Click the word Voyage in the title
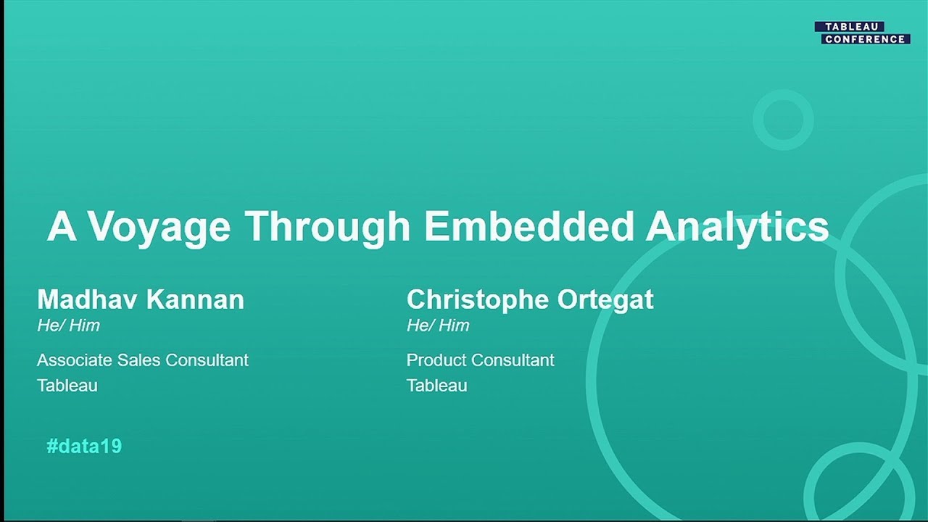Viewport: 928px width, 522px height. point(159,227)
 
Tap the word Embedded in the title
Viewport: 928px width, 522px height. point(529,227)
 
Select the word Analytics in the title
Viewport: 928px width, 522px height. point(737,227)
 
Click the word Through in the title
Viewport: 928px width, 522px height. point(328,227)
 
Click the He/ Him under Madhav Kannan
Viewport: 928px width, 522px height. point(68,326)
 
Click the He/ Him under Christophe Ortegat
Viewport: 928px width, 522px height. point(438,326)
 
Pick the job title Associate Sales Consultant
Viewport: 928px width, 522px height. point(143,360)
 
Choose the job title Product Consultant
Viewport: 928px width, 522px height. point(480,360)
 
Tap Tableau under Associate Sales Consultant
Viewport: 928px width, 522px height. point(67,385)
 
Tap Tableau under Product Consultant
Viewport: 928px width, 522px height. point(436,385)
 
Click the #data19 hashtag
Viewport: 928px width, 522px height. point(84,446)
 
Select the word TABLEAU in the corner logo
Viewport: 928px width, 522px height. point(849,27)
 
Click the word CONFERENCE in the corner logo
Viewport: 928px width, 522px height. point(865,39)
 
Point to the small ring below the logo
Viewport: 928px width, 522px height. point(782,120)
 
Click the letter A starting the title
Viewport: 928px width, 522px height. point(61,227)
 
